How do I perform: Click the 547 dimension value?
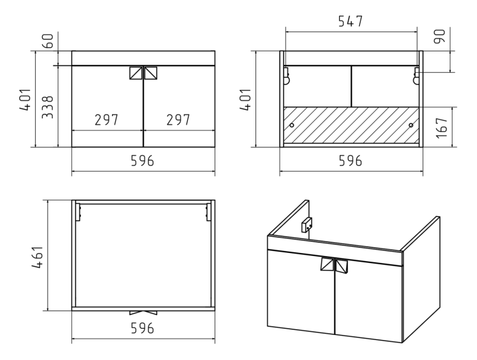351,21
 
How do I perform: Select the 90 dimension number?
439,36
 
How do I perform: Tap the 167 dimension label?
442,128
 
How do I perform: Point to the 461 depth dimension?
38,257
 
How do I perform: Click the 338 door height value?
48,107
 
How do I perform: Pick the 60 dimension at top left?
48,41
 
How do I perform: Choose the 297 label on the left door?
106,120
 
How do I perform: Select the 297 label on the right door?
178,120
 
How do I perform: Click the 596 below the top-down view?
142,328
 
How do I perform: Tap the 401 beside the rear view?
245,99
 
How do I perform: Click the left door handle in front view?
136,73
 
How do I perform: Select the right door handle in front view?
151,73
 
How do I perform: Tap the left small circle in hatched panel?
292,125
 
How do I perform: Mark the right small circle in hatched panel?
411,125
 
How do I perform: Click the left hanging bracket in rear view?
287,76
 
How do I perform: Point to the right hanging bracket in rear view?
416,76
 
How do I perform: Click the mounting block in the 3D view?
307,225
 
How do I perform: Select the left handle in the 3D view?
327,264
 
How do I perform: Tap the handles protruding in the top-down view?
143,313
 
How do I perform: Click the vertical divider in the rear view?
351,86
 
